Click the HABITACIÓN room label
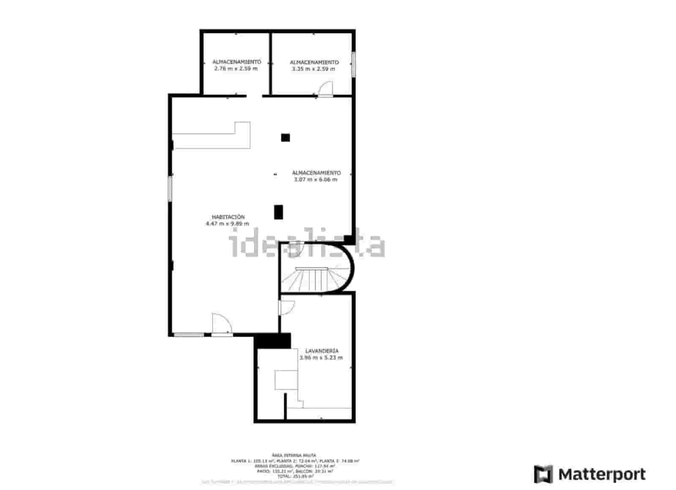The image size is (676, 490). point(228,217)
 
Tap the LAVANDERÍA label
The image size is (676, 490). point(322,351)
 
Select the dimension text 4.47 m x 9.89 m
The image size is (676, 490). point(227,224)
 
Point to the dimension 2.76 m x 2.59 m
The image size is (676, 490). point(236,68)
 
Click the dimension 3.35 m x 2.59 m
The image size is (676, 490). point(313,69)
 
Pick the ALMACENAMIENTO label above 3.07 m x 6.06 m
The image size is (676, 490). point(316,173)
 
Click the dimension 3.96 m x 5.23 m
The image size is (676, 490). point(321,357)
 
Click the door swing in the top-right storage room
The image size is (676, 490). point(326,89)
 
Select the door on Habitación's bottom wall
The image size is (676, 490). point(221,325)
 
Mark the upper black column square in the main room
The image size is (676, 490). point(286,138)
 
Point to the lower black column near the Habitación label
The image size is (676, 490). point(278,212)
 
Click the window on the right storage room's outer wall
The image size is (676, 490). point(354,64)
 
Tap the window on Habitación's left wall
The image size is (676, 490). point(170,188)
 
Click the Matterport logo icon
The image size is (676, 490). point(543,474)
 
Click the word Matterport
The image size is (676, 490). point(602,474)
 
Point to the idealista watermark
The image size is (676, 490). point(307,244)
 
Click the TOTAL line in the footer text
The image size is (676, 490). point(295,476)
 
